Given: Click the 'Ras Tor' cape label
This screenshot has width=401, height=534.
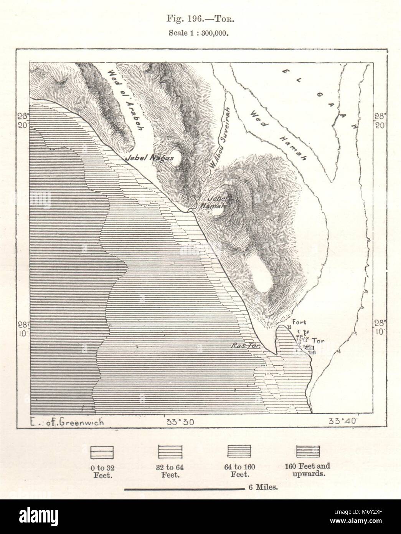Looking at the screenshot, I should click(246, 345).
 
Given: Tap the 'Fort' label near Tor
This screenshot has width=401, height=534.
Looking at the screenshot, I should click(299, 322).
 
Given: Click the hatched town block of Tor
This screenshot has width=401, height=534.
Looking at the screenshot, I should click(309, 349).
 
